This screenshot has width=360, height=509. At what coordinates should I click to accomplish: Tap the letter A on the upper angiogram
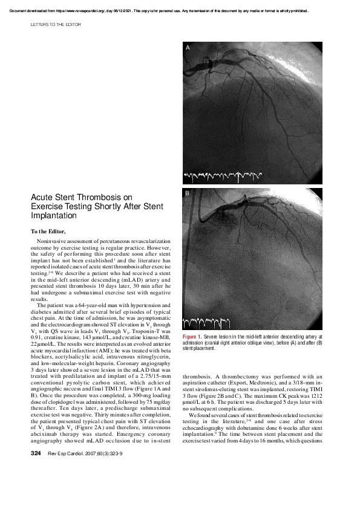tap(188, 47)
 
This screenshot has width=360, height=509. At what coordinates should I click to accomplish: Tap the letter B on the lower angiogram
tap(188, 193)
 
